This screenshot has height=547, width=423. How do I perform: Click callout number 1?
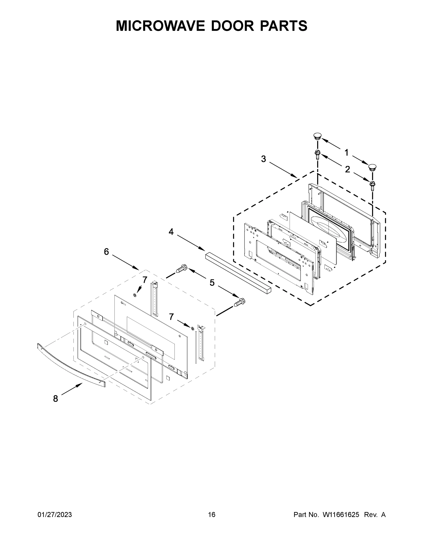(x=347, y=152)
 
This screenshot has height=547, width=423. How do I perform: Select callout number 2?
(x=347, y=170)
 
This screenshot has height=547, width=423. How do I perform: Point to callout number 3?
(x=263, y=159)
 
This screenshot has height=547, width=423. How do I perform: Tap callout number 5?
(x=212, y=283)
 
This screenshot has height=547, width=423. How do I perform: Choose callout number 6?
(x=106, y=251)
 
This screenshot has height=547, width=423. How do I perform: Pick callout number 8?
(x=55, y=398)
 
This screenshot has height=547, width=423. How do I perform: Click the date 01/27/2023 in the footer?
(x=55, y=514)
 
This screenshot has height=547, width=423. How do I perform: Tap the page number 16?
(x=212, y=514)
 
